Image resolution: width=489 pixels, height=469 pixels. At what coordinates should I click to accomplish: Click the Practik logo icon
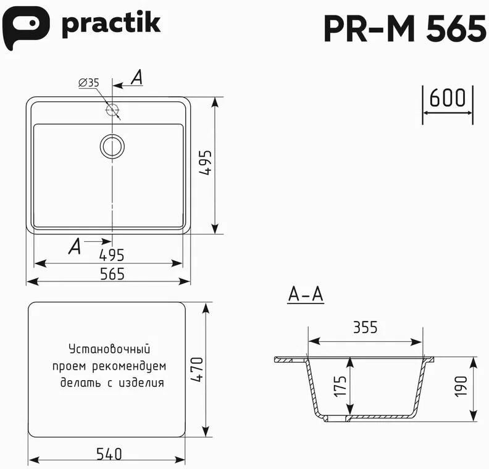tap(25, 27)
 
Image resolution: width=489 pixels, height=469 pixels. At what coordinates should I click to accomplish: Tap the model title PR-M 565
tap(405, 28)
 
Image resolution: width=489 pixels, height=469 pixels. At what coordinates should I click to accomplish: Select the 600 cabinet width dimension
tap(447, 98)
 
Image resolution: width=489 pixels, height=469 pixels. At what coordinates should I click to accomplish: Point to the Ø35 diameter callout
tap(88, 83)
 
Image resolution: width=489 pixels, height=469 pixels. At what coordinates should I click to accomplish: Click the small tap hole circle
tap(112, 109)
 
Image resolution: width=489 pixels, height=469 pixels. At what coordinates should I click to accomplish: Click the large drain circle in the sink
tap(112, 146)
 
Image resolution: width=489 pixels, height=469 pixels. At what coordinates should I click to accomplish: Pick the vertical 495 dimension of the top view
tap(206, 162)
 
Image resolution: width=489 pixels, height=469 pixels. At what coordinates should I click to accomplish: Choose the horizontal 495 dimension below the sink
tap(111, 255)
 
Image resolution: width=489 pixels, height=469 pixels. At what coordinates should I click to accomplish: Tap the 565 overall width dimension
tap(112, 274)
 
